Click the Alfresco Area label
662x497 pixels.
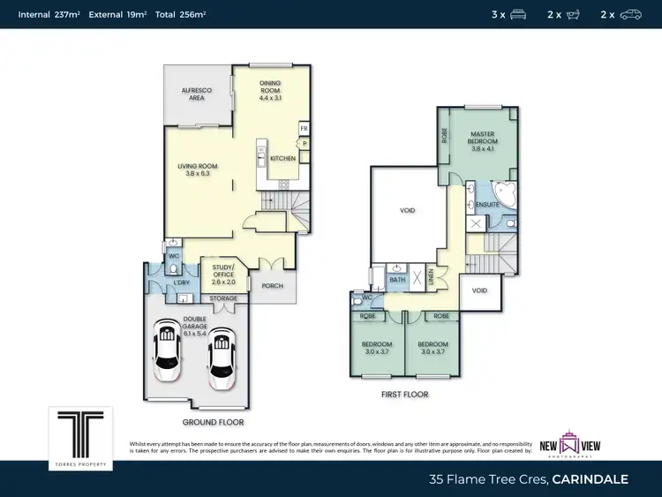[192, 94]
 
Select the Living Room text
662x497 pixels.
[195, 169]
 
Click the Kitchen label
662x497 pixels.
[282, 158]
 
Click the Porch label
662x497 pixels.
[271, 286]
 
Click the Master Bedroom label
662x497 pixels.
[483, 141]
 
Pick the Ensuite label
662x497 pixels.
[487, 205]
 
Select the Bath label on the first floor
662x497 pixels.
[397, 279]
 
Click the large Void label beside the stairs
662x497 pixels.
[407, 210]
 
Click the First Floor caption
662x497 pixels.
[406, 395]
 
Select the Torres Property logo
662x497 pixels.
[80, 432]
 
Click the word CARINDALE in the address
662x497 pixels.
[591, 479]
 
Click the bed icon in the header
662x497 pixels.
[518, 14]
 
